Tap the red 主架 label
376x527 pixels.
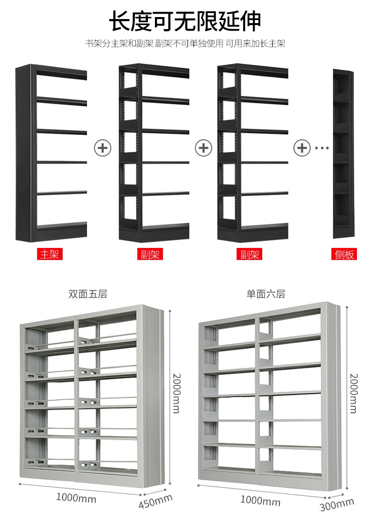tap(50, 254)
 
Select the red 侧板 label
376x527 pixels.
tap(345, 254)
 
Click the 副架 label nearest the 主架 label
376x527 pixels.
tap(149, 254)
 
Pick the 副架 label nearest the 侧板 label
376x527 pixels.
tap(249, 254)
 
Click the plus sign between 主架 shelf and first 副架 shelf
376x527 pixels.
tap(103, 148)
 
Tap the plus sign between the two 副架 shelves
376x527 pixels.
tap(204, 148)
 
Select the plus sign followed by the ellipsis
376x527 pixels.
tap(302, 148)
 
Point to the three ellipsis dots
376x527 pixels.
tap(321, 148)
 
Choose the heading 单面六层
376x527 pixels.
tap(266, 294)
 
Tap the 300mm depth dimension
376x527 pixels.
tap(336, 503)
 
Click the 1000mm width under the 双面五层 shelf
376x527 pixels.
tap(76, 498)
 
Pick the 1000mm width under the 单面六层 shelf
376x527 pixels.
tap(260, 500)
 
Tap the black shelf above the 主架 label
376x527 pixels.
tap(51, 153)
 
